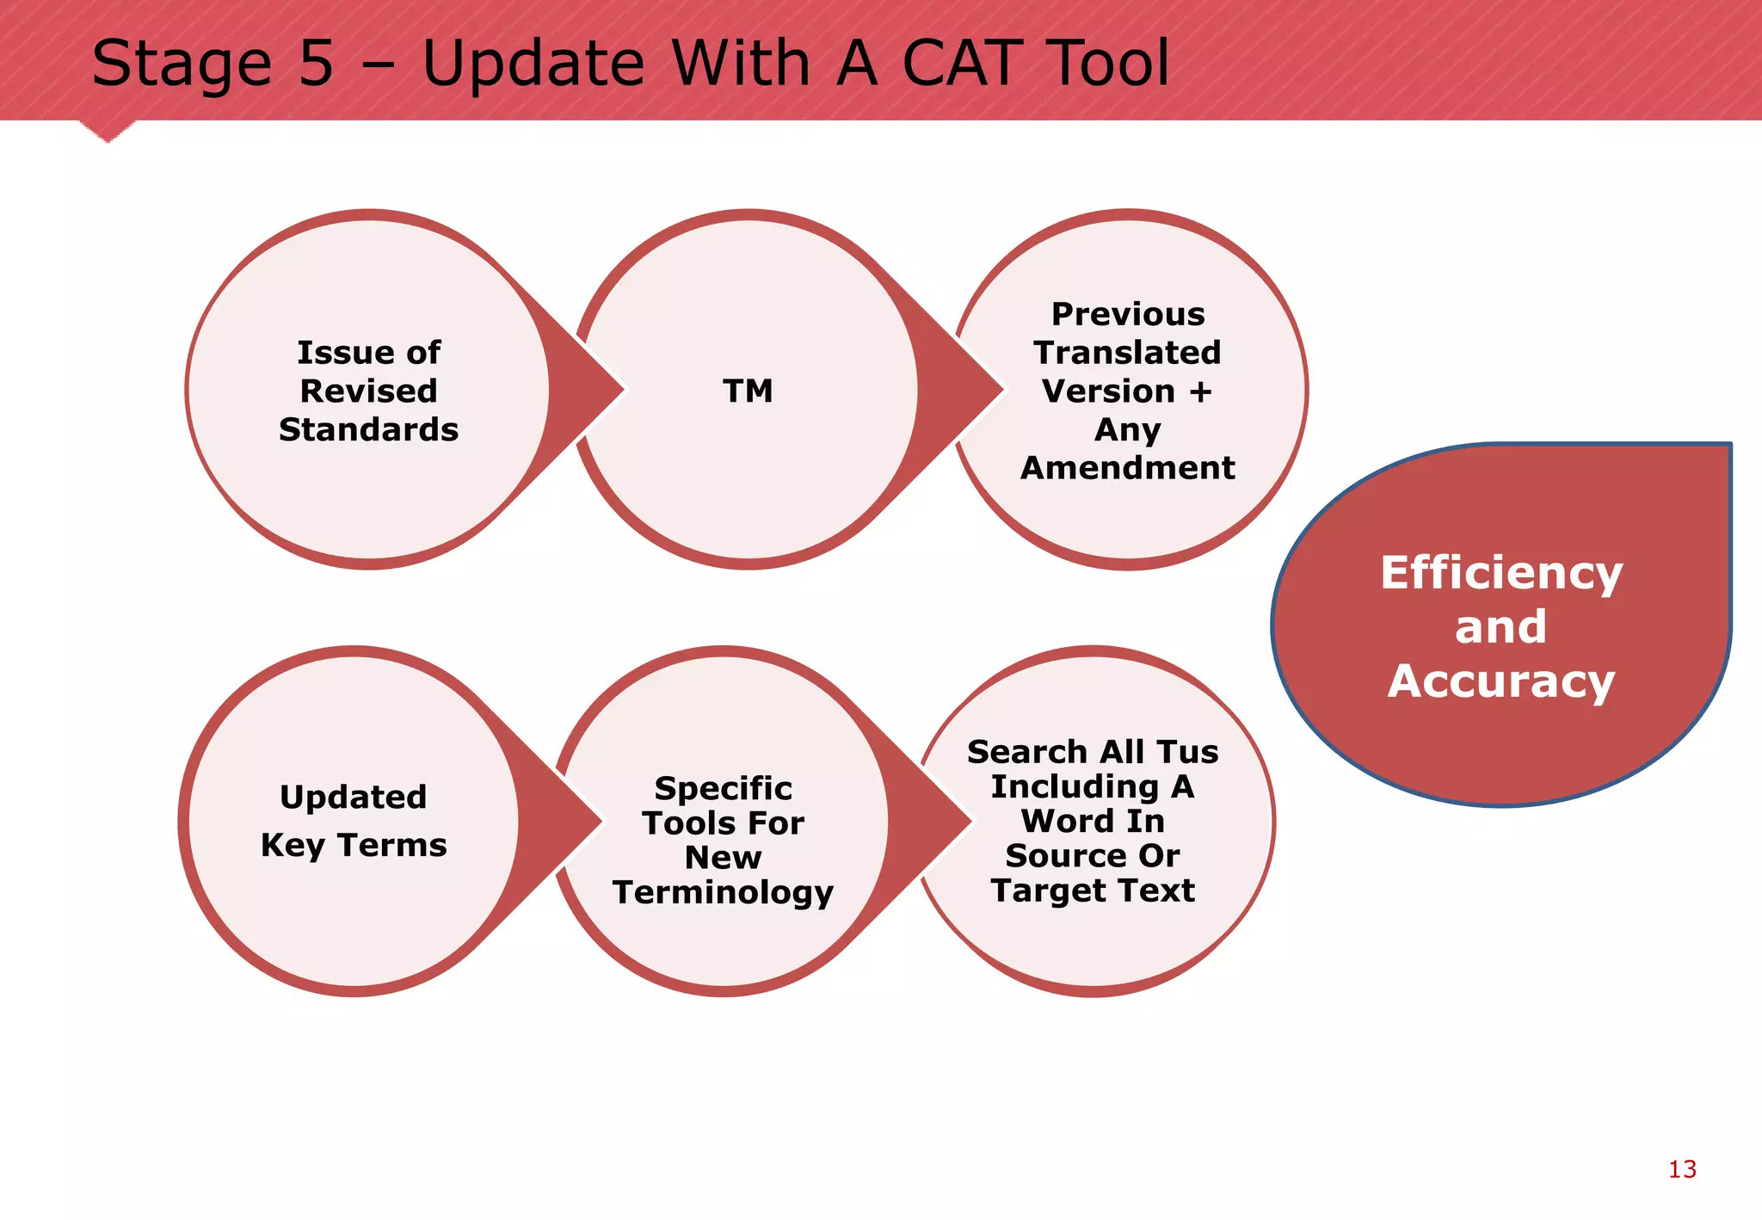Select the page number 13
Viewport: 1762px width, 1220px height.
point(1682,1169)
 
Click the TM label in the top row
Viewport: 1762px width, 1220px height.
point(748,391)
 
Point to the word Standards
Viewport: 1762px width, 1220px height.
point(368,429)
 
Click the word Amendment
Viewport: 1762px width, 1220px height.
point(1127,468)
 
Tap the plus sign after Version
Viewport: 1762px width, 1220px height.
point(1200,391)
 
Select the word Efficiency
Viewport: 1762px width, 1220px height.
point(1501,572)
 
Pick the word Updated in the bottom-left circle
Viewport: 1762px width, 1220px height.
point(353,797)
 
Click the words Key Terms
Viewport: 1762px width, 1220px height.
point(354,845)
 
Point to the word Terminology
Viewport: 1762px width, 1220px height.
point(723,892)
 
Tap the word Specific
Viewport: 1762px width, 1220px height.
point(723,788)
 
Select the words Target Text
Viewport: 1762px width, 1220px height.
point(1093,890)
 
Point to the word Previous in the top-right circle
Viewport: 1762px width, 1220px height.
point(1127,314)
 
